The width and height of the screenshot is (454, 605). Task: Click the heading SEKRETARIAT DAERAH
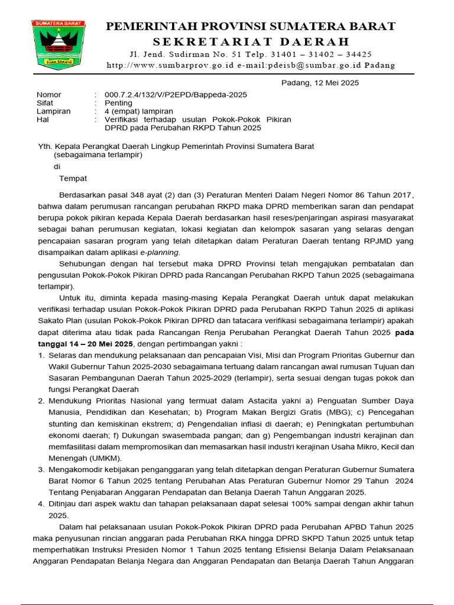pos(251,41)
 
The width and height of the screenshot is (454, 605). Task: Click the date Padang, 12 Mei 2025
pos(319,83)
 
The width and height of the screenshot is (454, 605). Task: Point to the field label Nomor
pos(49,95)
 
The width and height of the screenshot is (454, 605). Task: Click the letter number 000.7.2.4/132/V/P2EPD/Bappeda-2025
pos(176,95)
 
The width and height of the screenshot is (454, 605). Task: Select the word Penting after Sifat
pos(118,103)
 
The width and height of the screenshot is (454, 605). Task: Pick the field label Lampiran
pos(53,111)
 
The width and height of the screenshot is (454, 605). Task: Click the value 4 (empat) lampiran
pos(139,111)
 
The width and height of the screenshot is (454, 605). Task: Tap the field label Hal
pos(43,119)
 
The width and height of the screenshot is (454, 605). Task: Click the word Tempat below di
pos(73,178)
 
